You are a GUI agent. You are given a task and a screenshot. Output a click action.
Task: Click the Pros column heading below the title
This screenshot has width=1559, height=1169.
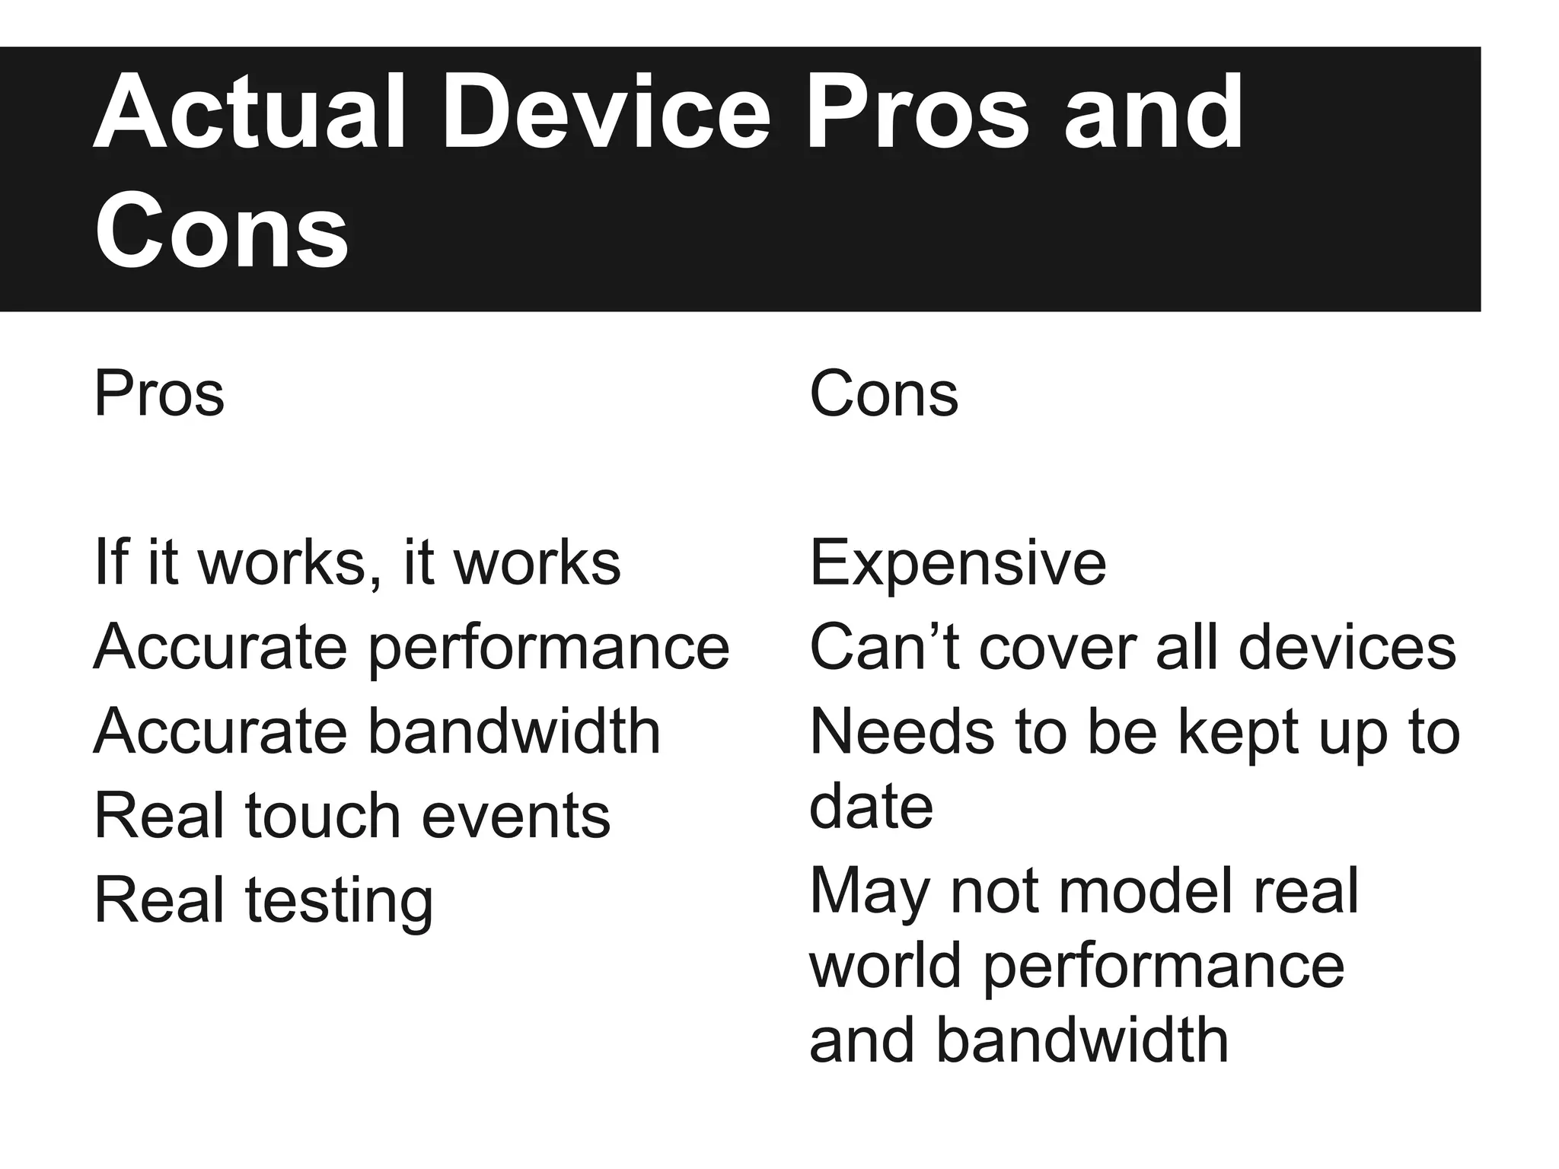[159, 394]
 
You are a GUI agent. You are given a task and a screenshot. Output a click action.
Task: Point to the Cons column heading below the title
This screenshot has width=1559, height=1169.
[883, 394]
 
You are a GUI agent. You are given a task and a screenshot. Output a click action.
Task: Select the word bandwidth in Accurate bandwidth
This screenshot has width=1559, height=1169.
[515, 732]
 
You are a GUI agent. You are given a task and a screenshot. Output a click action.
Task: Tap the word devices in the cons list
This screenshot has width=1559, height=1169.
[1347, 648]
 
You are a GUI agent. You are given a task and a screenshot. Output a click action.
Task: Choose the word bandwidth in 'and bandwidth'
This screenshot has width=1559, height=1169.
[1082, 1041]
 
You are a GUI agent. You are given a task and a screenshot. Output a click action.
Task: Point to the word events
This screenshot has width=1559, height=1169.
[515, 817]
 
